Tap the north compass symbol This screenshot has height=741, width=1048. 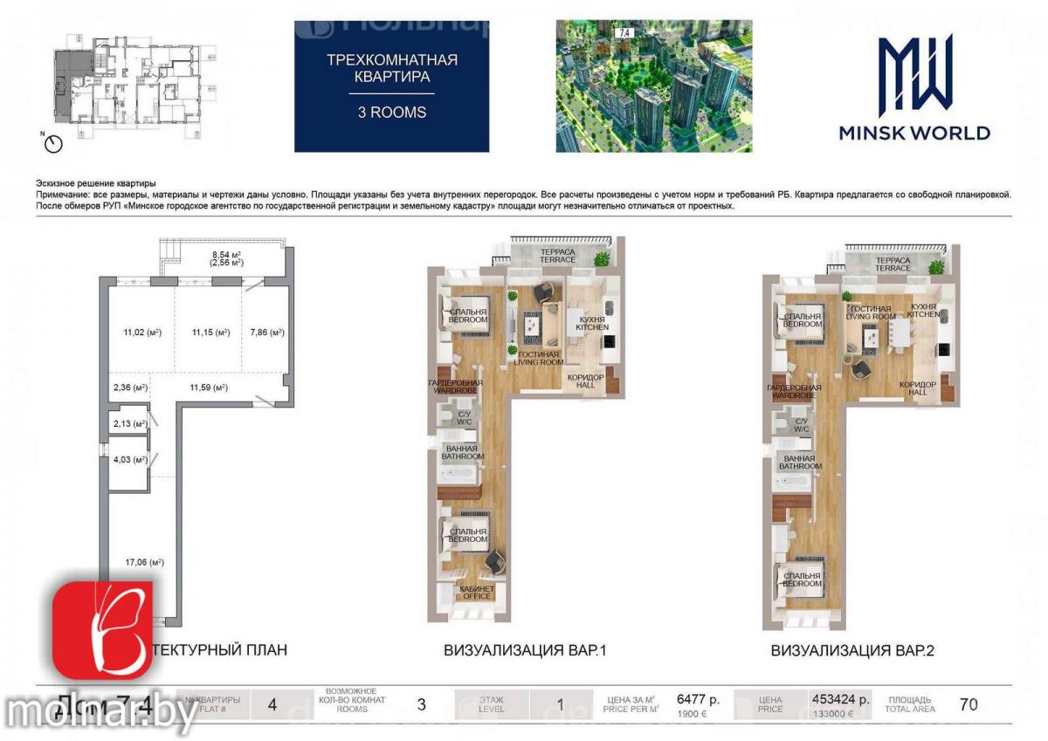pos(53,143)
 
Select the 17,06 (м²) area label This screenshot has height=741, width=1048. pos(144,563)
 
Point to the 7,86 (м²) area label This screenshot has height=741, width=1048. pos(267,333)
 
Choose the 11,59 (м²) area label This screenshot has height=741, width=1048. pos(209,388)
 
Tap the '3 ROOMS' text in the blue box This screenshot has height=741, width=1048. pos(392,112)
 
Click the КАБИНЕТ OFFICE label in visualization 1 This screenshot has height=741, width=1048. pos(475,593)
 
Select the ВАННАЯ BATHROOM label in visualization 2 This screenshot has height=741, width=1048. pos(799,463)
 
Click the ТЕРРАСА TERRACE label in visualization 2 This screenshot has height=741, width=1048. pos(893,264)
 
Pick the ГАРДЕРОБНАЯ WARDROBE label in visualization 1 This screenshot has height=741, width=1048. pos(455,387)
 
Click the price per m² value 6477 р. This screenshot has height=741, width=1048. pos(699,699)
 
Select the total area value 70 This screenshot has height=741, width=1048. pos(968,705)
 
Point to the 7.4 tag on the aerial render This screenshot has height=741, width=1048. pos(624,32)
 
